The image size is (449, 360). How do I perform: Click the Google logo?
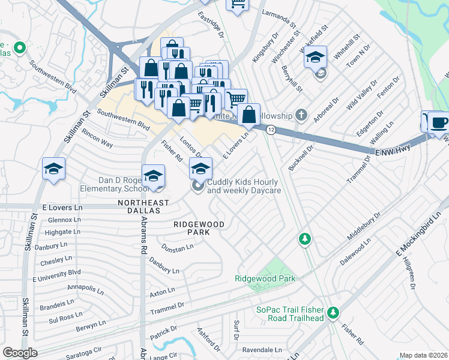(20, 353)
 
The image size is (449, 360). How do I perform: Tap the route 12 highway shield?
(271, 130)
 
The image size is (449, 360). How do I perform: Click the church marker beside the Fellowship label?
(302, 115)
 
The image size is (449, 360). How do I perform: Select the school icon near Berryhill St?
(315, 58)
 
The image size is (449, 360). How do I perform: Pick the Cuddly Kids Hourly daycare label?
(243, 186)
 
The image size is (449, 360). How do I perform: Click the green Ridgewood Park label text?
(265, 278)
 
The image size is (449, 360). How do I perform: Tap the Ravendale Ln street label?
(262, 349)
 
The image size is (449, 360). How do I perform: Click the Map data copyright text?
(423, 355)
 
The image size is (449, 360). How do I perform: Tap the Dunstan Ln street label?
(177, 247)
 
